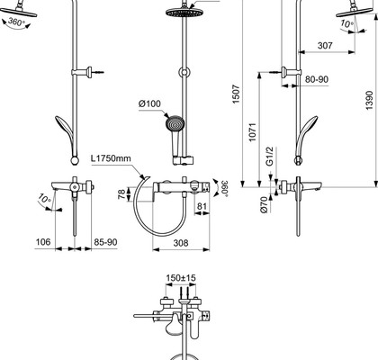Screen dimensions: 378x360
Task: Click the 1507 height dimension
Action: pos(237,94)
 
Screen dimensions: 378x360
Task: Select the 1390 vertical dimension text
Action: pos(369,101)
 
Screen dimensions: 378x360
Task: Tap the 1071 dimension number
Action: pos(253,132)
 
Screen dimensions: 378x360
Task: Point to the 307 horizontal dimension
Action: pos(325,45)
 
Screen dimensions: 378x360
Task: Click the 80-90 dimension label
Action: pos(317,79)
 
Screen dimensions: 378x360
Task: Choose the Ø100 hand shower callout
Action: pos(149,103)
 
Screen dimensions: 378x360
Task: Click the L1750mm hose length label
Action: pos(111,158)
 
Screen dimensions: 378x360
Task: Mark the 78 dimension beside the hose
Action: pos(121,194)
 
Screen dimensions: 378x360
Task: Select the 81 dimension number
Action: pos(202,206)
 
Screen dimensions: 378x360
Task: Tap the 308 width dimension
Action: pos(181,243)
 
